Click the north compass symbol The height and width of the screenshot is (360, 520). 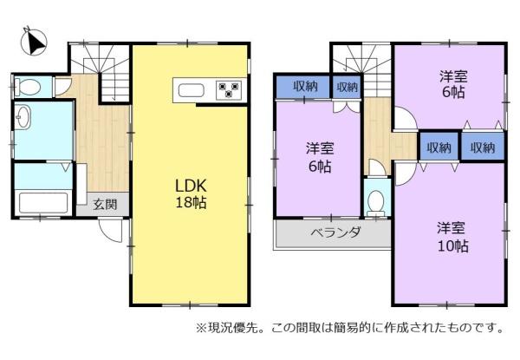(x=34, y=42)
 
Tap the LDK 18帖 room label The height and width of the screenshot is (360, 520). (x=191, y=193)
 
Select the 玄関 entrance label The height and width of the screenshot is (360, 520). (x=105, y=205)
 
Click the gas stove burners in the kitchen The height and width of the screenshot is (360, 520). (x=229, y=90)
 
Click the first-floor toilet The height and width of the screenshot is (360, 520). (x=29, y=88)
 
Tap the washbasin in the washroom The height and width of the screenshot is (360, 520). (x=23, y=116)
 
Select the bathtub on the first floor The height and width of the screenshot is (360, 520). (x=43, y=202)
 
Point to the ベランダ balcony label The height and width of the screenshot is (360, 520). (x=335, y=232)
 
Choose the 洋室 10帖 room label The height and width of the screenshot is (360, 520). (x=452, y=237)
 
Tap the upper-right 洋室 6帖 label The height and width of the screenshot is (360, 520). (x=453, y=84)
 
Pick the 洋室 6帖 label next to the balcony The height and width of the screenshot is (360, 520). (x=320, y=157)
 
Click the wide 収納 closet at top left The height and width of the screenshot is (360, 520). (x=303, y=87)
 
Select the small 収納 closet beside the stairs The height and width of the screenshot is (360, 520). (x=347, y=87)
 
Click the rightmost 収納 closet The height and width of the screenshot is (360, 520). (x=483, y=147)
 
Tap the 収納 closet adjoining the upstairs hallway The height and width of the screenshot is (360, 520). (x=439, y=147)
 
